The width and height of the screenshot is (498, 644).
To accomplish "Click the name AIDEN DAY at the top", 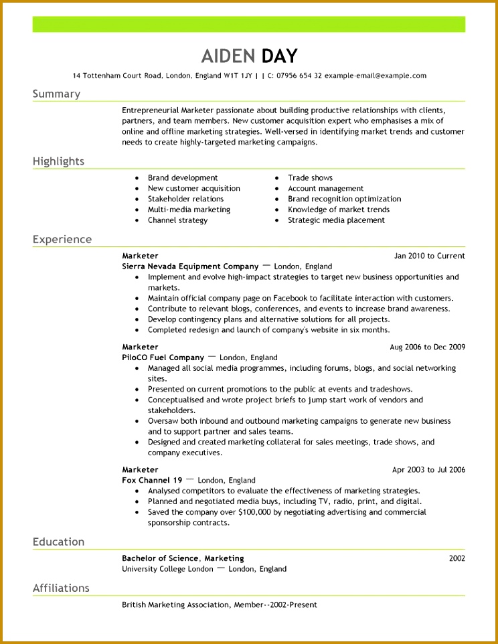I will (249, 56).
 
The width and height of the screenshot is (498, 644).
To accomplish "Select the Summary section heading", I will (56, 94).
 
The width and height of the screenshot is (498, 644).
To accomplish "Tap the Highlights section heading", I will (58, 161).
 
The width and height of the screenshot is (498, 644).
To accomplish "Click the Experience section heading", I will (62, 240).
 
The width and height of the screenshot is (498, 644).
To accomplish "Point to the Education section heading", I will (58, 542).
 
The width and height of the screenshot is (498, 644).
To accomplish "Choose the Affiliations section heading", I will (61, 588).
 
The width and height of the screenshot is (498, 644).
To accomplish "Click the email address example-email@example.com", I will (376, 76).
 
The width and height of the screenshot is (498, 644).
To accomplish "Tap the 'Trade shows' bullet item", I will (310, 178).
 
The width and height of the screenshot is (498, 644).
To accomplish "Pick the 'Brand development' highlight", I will (183, 178).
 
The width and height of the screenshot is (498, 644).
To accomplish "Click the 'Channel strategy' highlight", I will (177, 220).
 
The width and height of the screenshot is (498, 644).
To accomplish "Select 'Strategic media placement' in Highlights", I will (336, 220).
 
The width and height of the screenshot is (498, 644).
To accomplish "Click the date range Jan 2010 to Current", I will (430, 256).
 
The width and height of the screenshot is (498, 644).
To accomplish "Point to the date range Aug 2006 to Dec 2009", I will (427, 347).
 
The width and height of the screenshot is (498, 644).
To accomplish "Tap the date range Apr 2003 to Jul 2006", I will (428, 470).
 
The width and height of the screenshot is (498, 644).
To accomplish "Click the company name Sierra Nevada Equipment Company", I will (190, 266).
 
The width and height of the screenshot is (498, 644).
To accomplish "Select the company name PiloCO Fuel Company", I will (163, 358).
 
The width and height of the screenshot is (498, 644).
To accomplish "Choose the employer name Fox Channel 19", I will (152, 481).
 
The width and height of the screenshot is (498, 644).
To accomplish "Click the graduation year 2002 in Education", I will (456, 558).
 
